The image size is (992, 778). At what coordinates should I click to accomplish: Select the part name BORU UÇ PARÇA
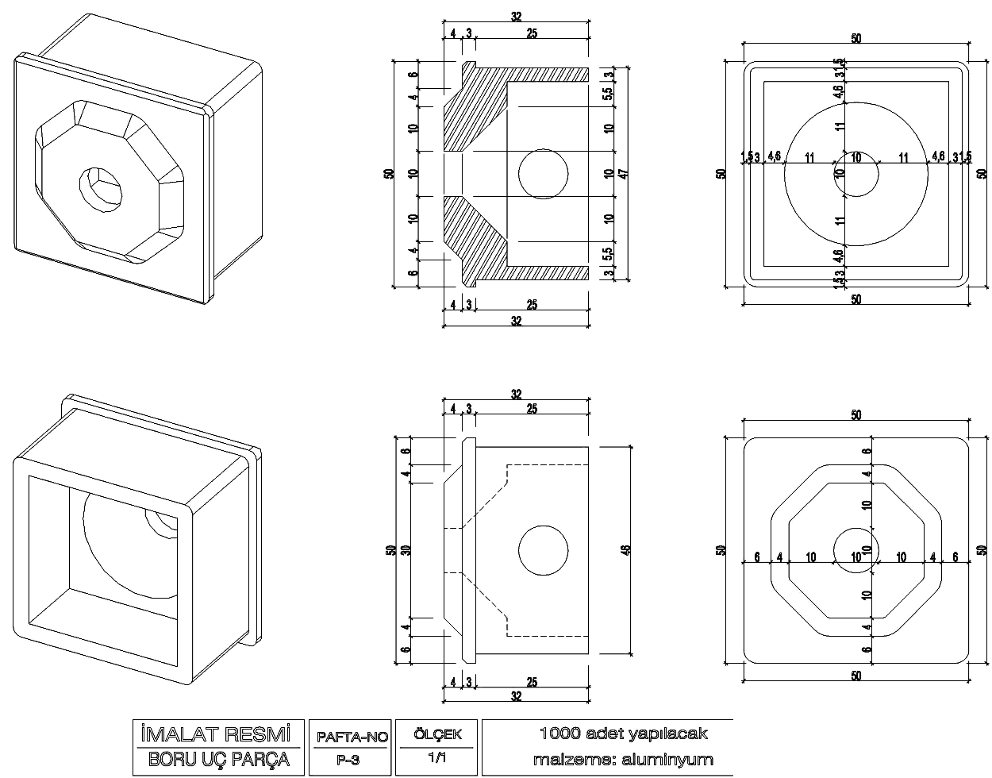(x=217, y=760)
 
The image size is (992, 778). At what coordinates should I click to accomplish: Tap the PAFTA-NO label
(x=352, y=737)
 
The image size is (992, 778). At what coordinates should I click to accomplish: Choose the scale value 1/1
(x=436, y=758)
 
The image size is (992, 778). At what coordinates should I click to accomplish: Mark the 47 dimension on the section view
(x=624, y=173)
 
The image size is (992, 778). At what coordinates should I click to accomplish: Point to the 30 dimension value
(x=405, y=549)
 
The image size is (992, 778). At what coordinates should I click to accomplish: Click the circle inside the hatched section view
(x=544, y=173)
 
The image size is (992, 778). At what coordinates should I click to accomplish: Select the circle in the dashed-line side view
(x=544, y=550)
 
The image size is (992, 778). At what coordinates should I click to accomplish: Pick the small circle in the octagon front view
(x=856, y=549)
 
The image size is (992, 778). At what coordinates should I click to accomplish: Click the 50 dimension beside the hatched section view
(x=388, y=173)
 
